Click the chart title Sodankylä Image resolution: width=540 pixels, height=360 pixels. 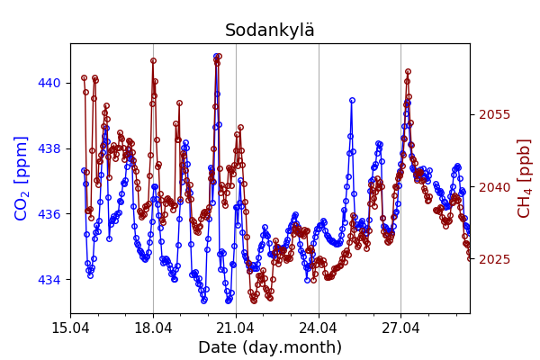[270, 31]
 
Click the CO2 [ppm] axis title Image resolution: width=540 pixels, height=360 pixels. [22, 178]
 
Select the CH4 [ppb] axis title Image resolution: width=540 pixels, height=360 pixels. [525, 178]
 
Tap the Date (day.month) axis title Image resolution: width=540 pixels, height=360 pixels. [270, 347]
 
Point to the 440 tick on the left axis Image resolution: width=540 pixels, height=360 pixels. [49, 83]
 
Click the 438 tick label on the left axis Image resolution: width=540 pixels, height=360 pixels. [49, 148]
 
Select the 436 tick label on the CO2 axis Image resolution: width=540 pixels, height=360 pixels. [49, 214]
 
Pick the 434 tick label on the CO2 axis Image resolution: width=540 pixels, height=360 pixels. [49, 280]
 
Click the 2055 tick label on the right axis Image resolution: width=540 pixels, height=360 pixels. [494, 114]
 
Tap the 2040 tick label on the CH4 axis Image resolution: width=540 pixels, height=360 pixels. [494, 187]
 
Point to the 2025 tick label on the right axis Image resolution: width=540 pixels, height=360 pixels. [494, 259]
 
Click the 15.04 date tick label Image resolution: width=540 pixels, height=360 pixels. [70, 327]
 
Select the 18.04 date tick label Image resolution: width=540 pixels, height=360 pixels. [153, 327]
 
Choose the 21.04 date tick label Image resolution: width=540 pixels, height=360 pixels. [236, 327]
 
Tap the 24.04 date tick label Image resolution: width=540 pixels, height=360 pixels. [319, 327]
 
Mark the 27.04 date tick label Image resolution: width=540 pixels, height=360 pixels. [401, 327]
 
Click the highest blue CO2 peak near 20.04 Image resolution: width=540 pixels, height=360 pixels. [217, 56]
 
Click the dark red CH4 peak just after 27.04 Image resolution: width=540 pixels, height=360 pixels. [408, 71]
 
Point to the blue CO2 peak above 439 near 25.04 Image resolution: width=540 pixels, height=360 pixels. [352, 100]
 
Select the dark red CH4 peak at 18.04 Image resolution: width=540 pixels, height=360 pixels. [153, 61]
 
